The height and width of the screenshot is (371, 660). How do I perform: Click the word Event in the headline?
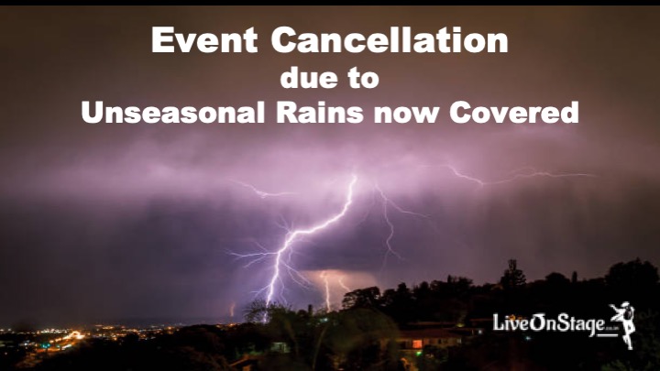tap(204, 40)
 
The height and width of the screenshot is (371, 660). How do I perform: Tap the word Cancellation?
tap(390, 40)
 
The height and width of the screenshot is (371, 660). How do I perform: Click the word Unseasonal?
tap(173, 113)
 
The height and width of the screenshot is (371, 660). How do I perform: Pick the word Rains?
tap(320, 113)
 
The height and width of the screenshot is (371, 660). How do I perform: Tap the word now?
tap(406, 115)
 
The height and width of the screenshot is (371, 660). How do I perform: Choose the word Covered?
tap(514, 113)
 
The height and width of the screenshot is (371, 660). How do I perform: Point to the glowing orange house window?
tap(417, 344)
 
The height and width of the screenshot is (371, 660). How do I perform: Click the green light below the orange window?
tap(417, 353)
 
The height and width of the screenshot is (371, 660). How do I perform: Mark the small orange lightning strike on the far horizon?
tap(232, 310)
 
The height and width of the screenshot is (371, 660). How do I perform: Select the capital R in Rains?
tap(287, 113)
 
